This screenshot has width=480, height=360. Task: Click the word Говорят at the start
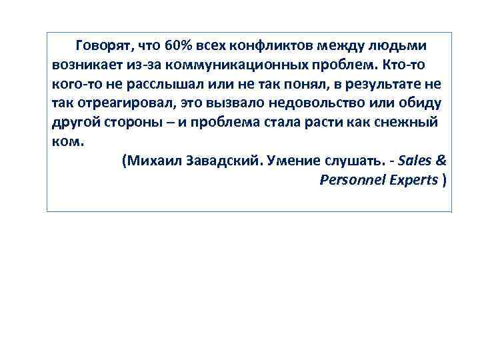point(103,46)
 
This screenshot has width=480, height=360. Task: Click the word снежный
point(412,124)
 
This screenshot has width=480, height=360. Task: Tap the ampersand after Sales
point(442,162)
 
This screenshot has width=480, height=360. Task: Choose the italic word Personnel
point(351,181)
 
